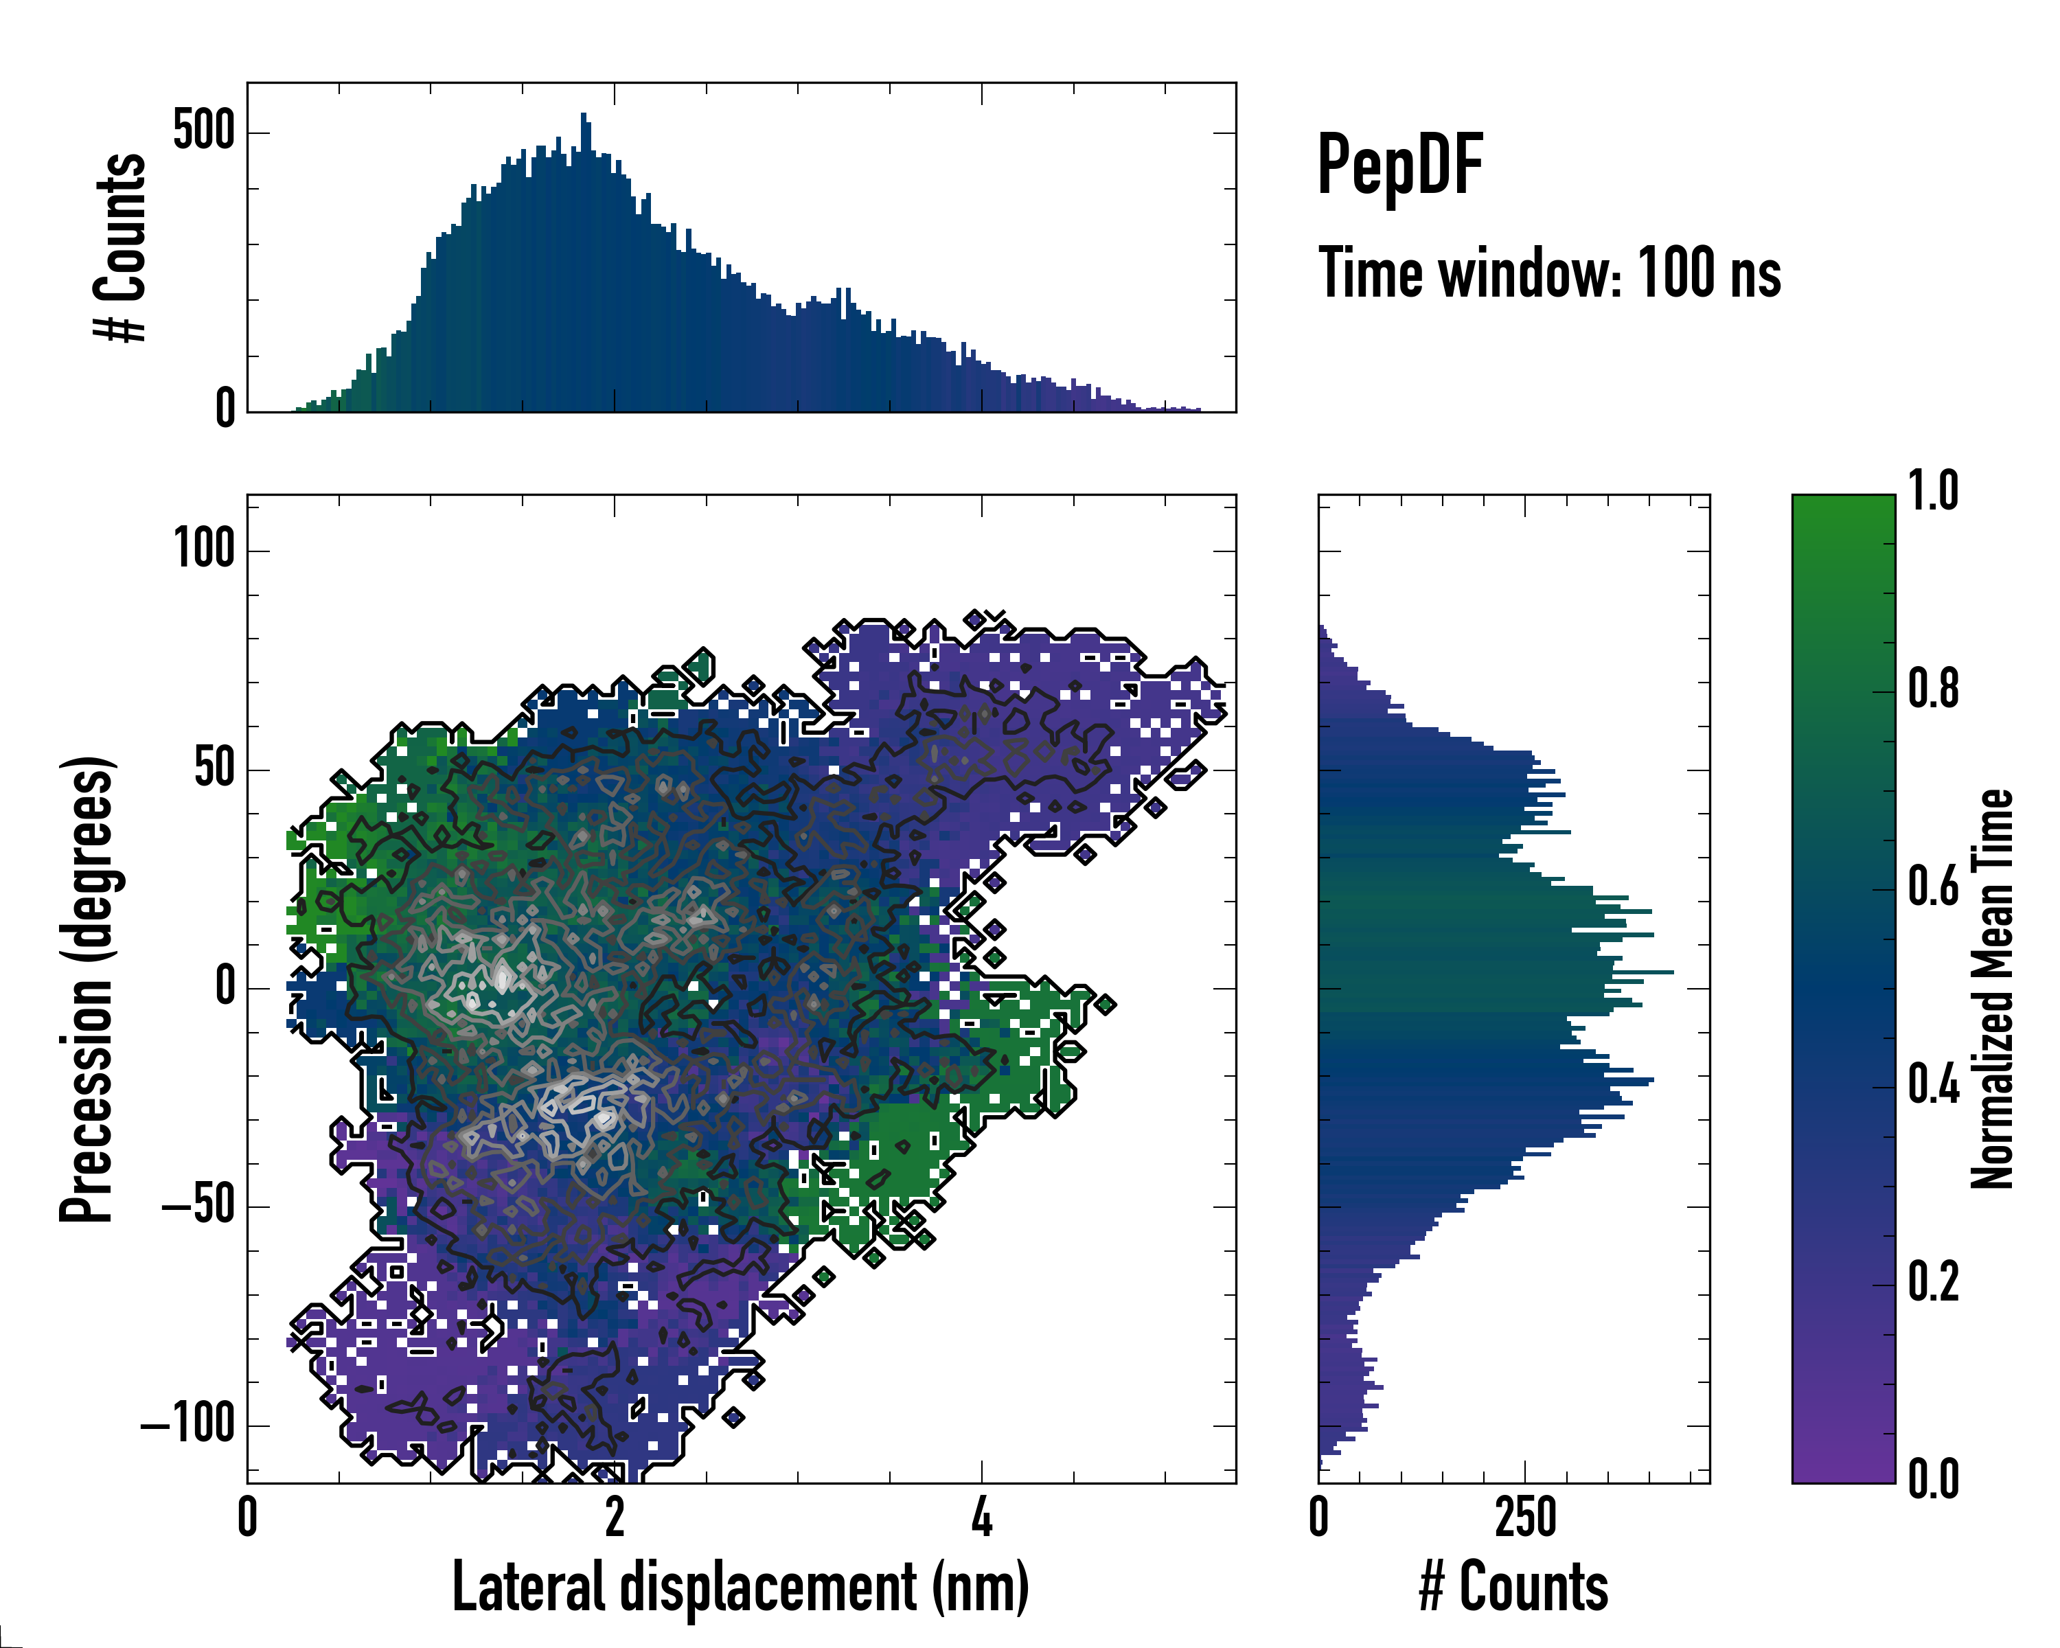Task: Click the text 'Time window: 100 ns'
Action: click(x=1549, y=274)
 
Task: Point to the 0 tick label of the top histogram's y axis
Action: click(x=225, y=409)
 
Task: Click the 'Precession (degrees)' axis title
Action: click(x=88, y=989)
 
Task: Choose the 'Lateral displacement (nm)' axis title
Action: click(x=740, y=1586)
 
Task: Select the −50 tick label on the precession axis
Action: click(x=198, y=1206)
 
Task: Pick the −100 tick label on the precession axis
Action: click(x=188, y=1424)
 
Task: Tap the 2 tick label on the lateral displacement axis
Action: click(x=615, y=1517)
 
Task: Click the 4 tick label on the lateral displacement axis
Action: click(x=981, y=1517)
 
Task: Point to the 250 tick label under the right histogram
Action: click(x=1525, y=1517)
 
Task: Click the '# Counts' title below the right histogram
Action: click(x=1513, y=1586)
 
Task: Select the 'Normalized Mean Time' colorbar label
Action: click(x=1992, y=989)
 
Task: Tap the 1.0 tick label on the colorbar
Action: click(x=1933, y=491)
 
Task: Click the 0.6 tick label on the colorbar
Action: click(x=1933, y=886)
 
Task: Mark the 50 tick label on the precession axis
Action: click(x=214, y=769)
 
